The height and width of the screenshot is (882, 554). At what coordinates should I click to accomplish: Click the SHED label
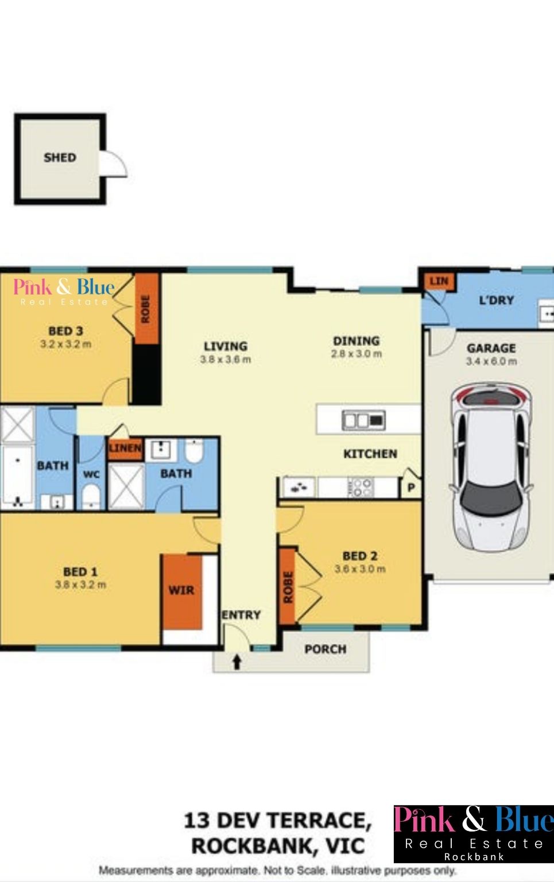click(x=60, y=158)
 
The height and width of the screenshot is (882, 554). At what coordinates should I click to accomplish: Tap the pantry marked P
click(x=411, y=488)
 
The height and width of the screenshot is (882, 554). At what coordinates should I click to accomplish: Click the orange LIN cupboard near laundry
click(x=439, y=281)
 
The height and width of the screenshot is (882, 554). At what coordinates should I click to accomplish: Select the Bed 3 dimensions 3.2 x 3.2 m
click(x=66, y=344)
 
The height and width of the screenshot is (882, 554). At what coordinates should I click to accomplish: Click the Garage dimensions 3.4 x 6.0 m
click(x=491, y=361)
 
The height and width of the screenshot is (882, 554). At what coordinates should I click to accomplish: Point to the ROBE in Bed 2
click(x=288, y=587)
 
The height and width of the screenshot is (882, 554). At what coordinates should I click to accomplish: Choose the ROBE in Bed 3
click(x=146, y=309)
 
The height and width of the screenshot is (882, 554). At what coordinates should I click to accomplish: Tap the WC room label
click(x=91, y=474)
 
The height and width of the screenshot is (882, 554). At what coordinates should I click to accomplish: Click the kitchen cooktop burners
click(x=361, y=487)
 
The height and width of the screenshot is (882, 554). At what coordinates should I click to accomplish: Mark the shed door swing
click(x=114, y=163)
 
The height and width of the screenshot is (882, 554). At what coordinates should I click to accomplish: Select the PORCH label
click(x=326, y=649)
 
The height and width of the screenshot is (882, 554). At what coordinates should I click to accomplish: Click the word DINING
click(x=357, y=341)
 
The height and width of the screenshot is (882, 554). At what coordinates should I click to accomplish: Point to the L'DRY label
click(x=497, y=300)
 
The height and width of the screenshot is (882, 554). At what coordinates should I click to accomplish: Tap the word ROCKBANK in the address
click(x=250, y=846)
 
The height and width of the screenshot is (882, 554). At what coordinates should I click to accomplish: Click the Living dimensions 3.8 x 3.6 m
click(x=226, y=359)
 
